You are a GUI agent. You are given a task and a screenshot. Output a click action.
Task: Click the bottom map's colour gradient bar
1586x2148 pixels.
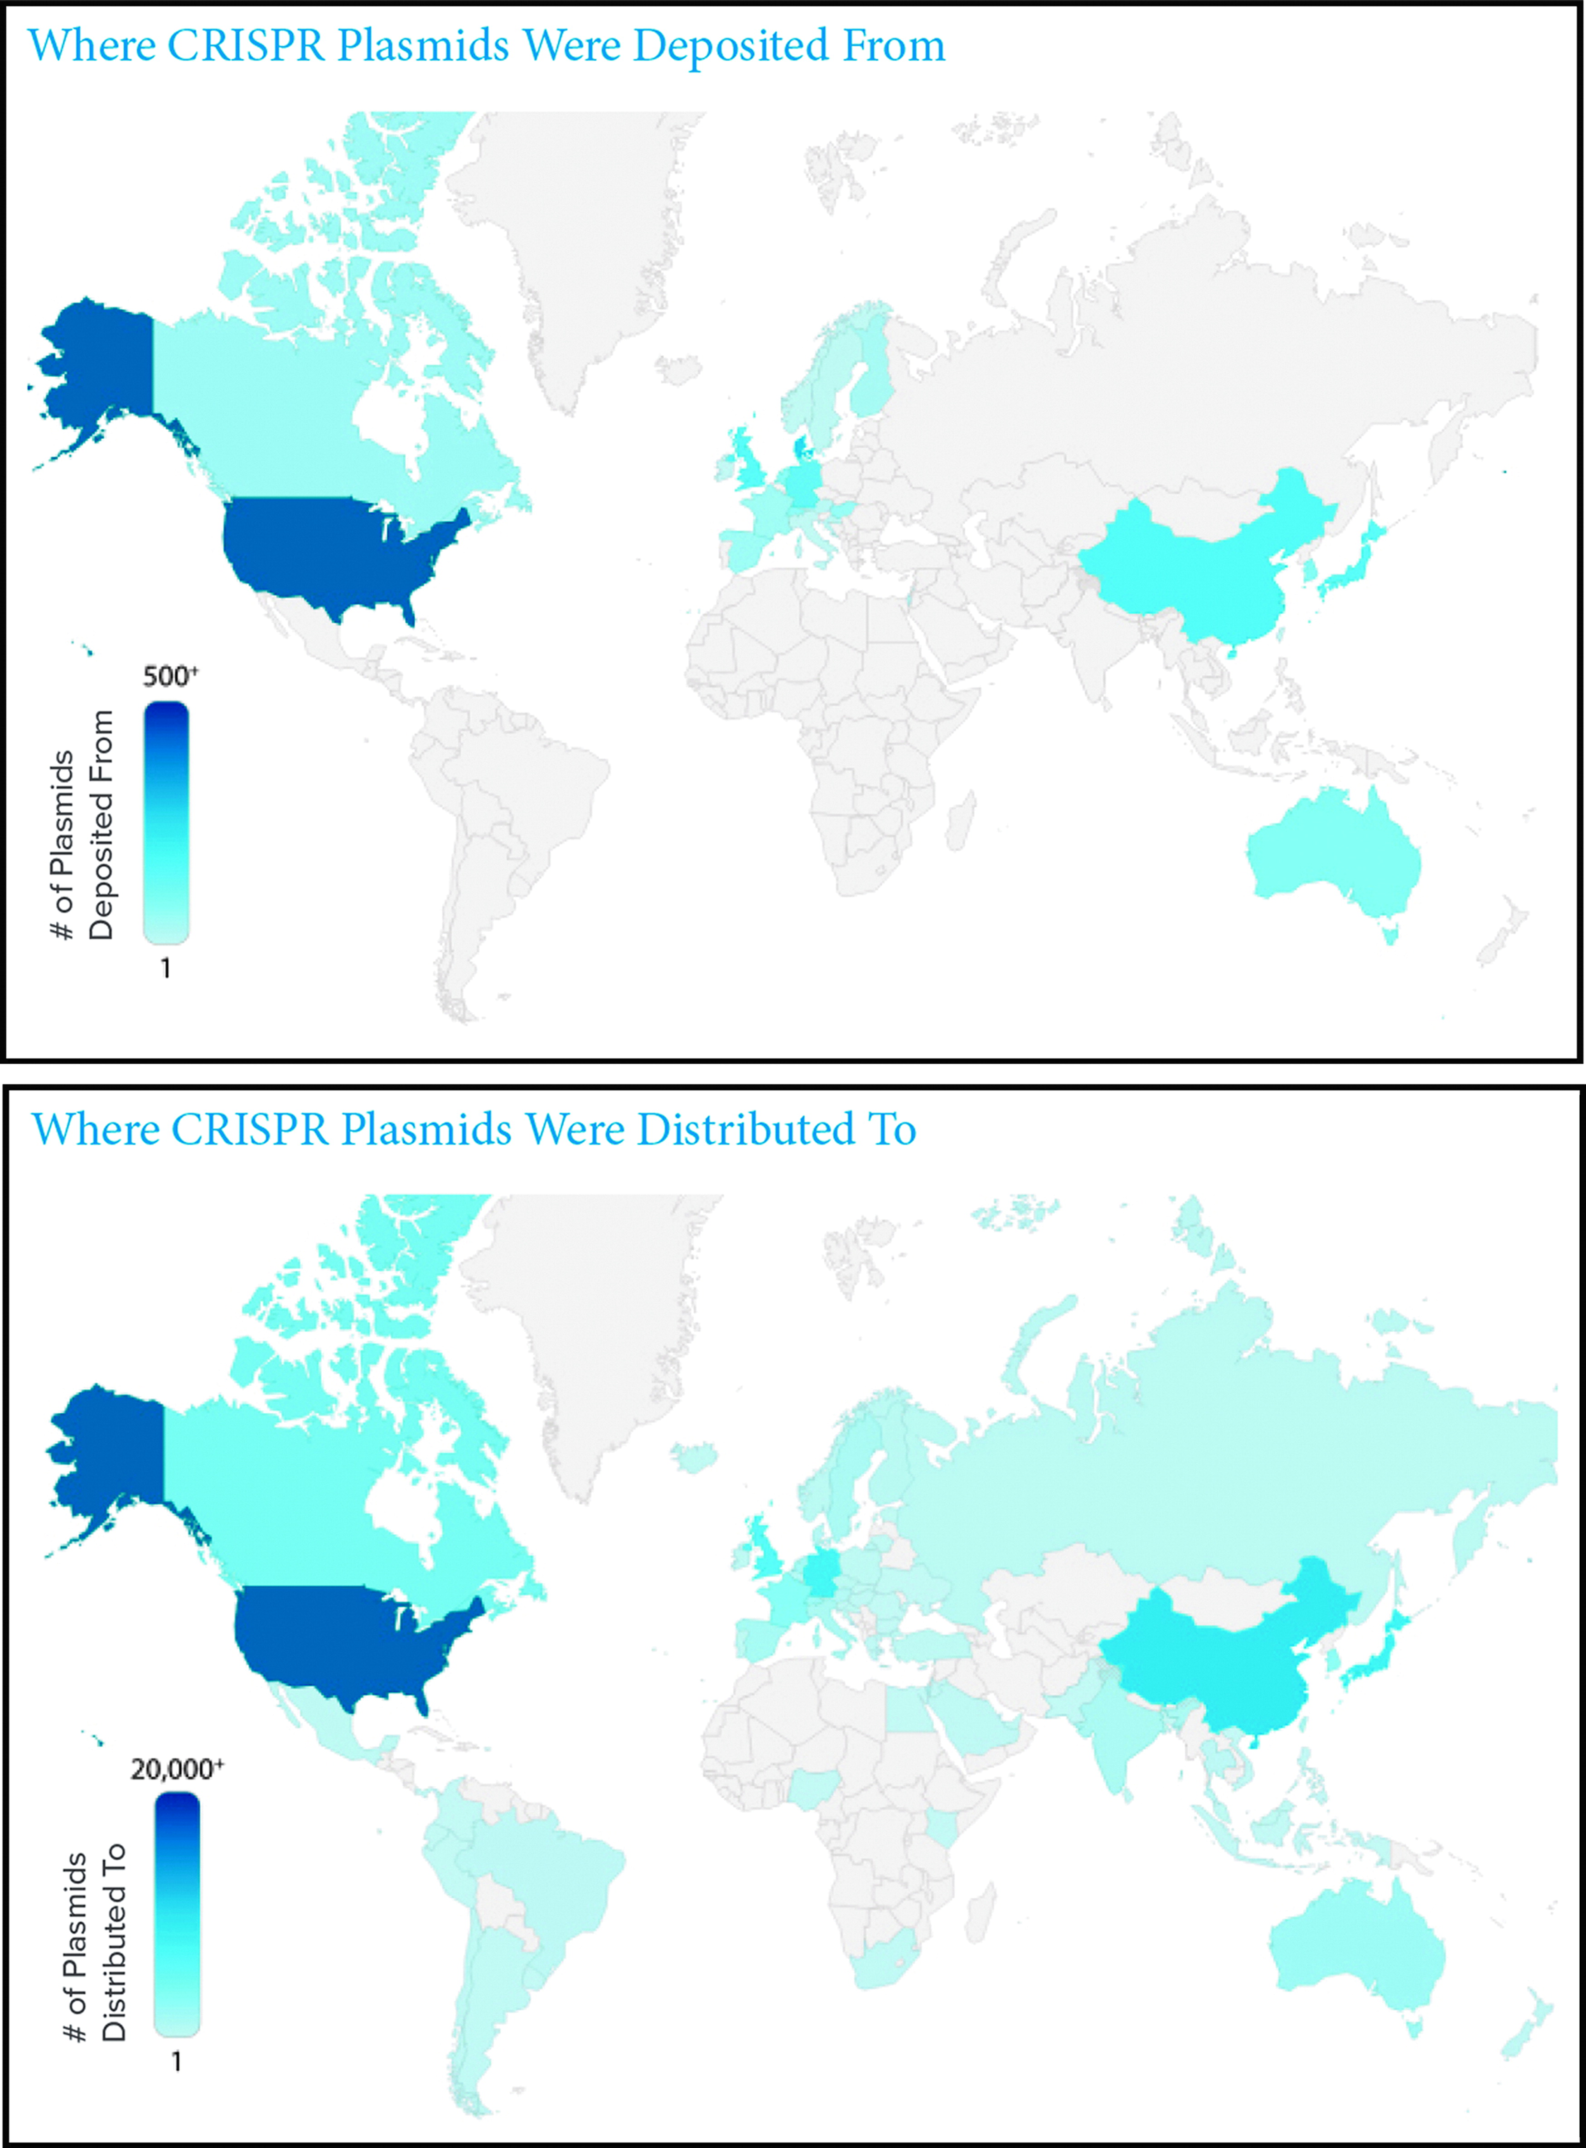(178, 1915)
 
